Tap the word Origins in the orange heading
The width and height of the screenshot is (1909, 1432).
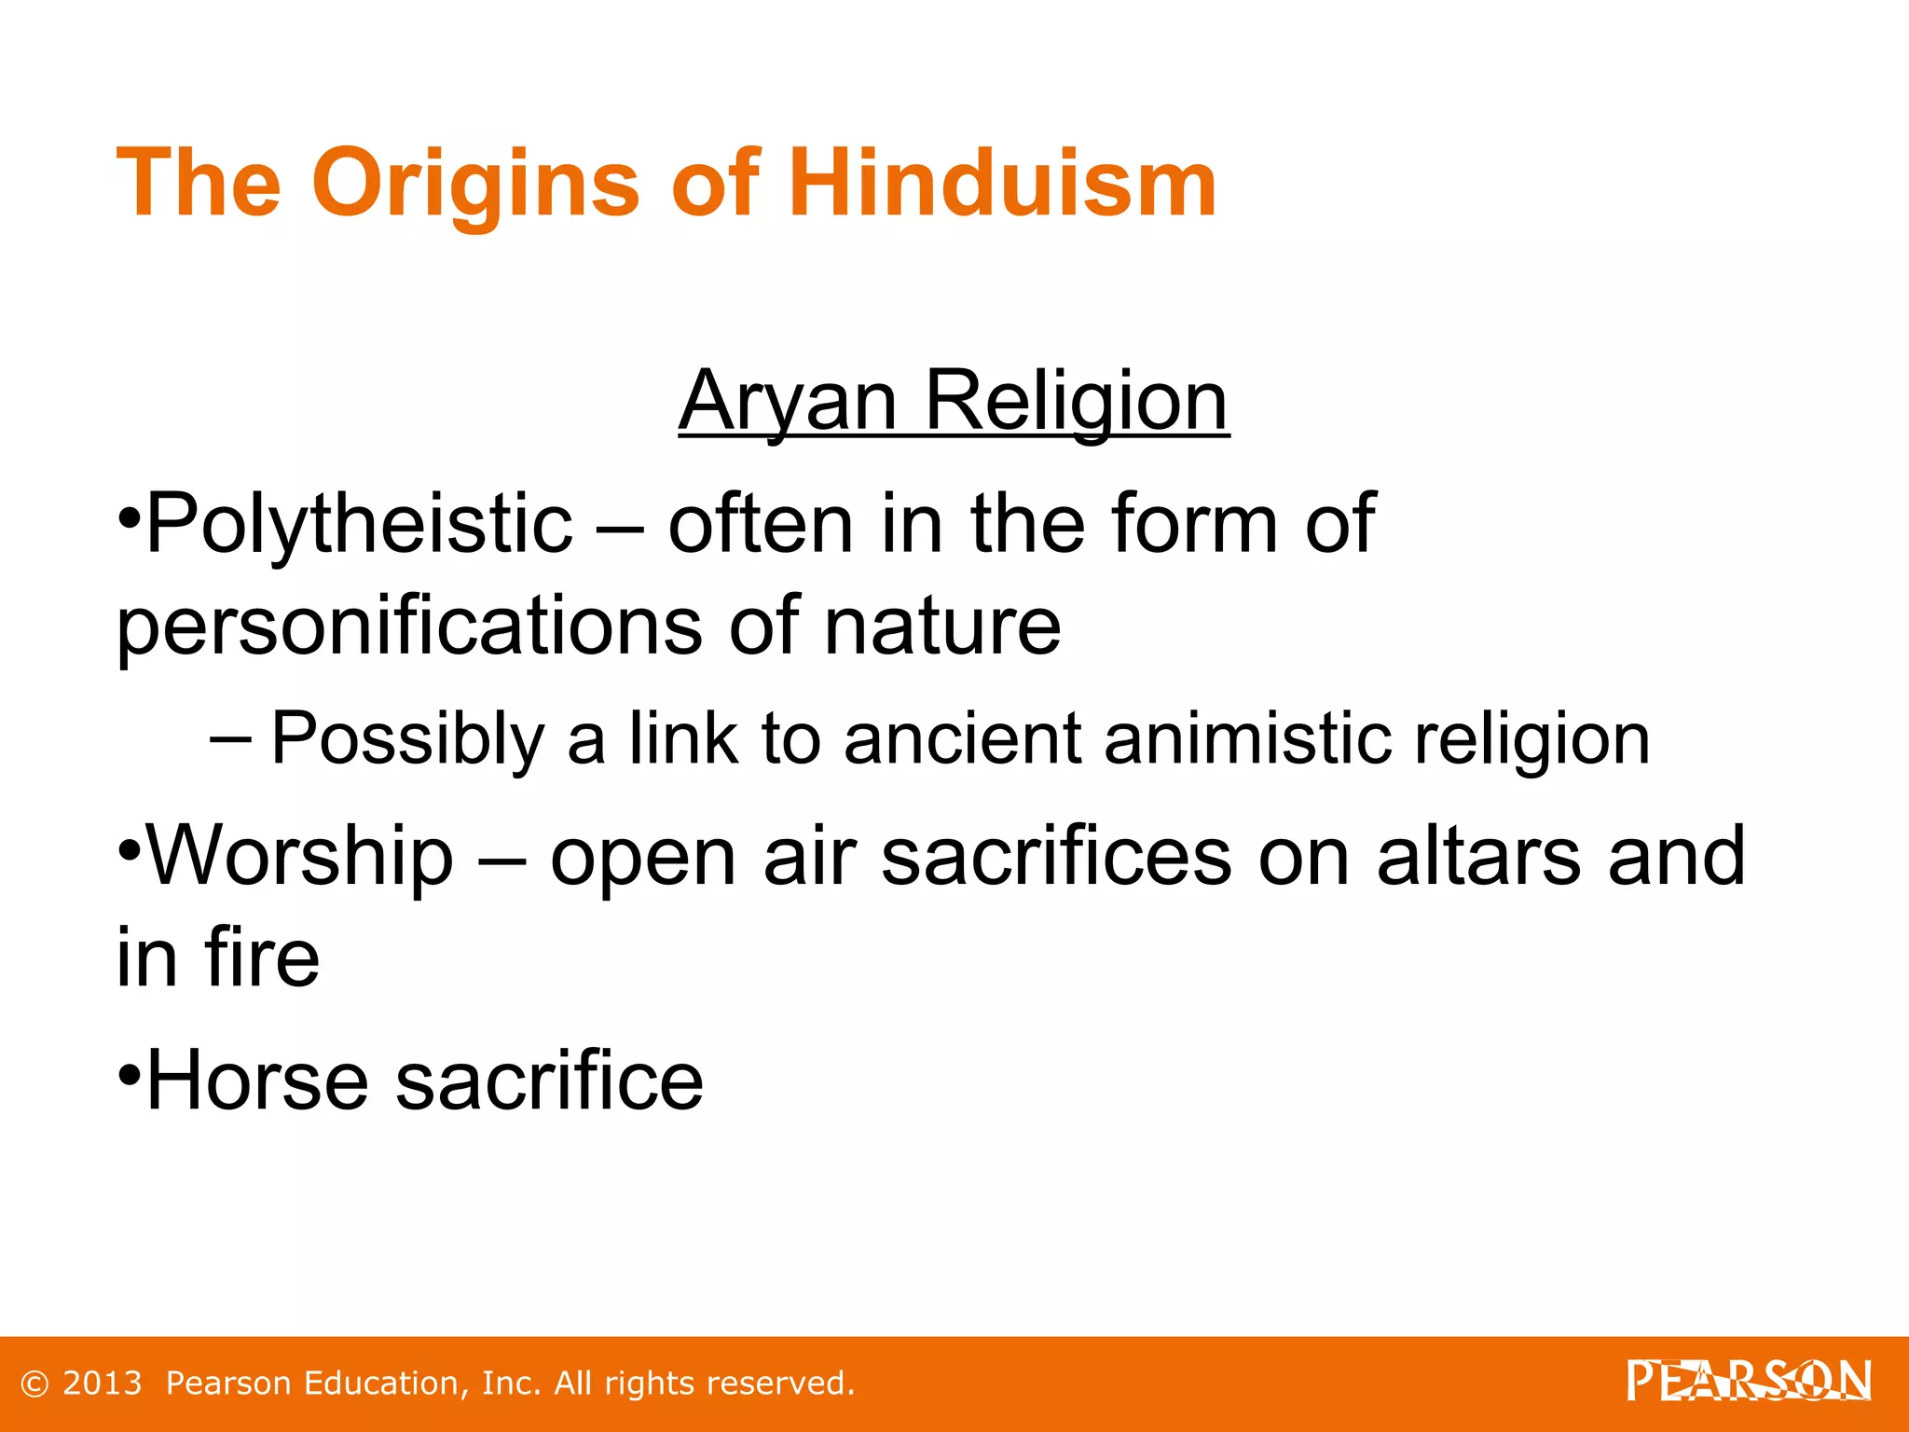474,184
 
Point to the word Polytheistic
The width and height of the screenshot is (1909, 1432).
359,524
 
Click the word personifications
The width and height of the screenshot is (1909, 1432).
409,626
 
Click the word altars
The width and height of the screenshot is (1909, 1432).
1478,856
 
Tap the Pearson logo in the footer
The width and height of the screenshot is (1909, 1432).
1749,1381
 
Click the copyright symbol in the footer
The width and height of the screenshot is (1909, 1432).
34,1384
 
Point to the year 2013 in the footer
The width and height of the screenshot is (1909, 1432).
102,1384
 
